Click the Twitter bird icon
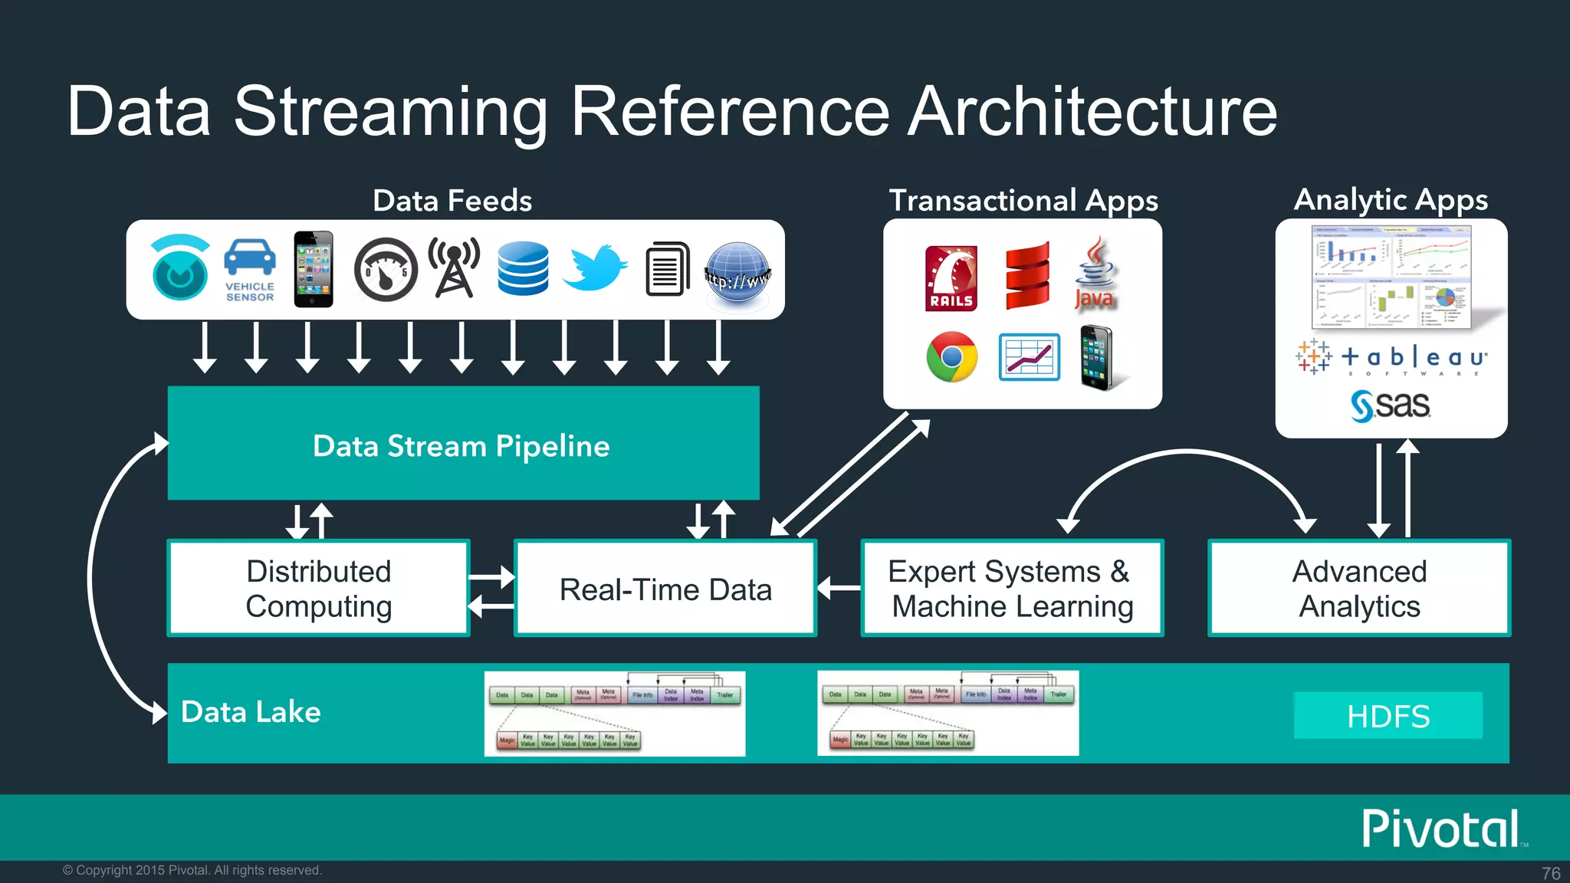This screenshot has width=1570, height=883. coord(595,268)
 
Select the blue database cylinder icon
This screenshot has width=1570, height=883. coord(523,268)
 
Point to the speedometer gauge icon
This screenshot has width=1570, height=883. coord(386,269)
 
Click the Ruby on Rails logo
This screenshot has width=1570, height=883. coord(951,278)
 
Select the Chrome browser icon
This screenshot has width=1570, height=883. coord(951,357)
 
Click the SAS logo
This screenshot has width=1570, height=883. coord(1390,405)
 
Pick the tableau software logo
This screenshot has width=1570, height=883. coord(1391,358)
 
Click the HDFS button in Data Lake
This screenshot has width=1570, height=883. coord(1388,716)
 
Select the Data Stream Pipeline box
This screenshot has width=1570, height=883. coord(463,444)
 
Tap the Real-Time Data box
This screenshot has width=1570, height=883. coord(665,589)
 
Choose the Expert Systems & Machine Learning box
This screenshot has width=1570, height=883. coord(1012,589)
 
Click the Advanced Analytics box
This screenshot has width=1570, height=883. coord(1358,589)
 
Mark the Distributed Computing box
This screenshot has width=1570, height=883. coord(318,589)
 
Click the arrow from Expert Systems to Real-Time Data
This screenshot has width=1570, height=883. coord(839,588)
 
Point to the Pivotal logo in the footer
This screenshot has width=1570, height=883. coord(1441,829)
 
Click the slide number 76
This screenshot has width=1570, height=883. coord(1550,873)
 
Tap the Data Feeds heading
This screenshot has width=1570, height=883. coord(452,201)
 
